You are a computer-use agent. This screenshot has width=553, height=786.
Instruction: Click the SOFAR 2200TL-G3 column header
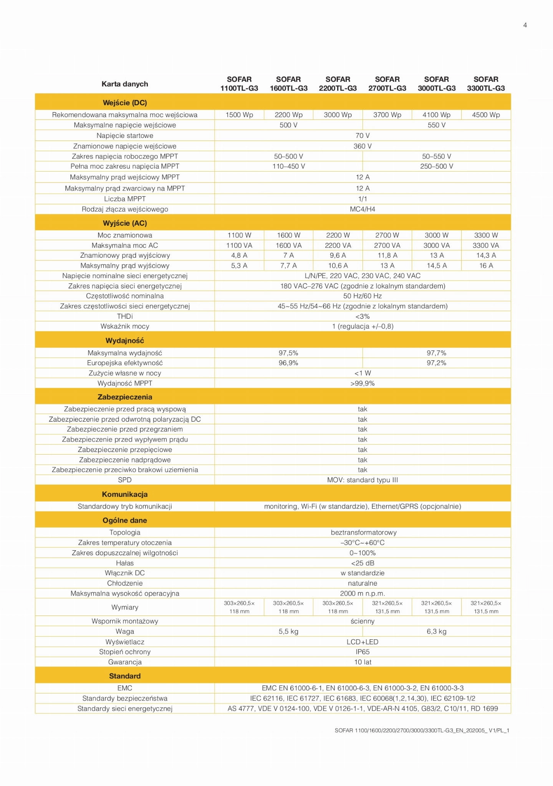[338, 84]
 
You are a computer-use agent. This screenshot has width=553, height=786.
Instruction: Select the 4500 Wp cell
[486, 115]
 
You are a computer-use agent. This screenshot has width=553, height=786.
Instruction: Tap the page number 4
[525, 25]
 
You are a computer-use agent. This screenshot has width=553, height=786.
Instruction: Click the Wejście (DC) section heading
[125, 103]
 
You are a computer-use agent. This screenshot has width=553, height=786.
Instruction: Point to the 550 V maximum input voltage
[437, 125]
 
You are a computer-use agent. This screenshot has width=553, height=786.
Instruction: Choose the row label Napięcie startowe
[125, 136]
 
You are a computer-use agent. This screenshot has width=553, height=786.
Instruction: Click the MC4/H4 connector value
[363, 209]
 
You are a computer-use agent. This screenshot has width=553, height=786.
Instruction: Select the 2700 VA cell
[387, 245]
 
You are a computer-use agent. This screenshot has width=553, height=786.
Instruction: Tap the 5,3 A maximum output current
[239, 266]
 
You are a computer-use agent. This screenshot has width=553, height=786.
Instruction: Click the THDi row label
[125, 316]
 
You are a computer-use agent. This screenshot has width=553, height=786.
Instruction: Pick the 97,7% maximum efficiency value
[437, 353]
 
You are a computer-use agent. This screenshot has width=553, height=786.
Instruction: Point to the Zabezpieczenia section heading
[125, 397]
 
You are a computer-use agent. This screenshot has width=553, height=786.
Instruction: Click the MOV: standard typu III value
[363, 480]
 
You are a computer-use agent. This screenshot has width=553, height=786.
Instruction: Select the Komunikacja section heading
[125, 494]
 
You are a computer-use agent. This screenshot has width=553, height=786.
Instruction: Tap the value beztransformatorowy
[363, 533]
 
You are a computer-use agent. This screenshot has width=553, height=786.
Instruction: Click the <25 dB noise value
[363, 563]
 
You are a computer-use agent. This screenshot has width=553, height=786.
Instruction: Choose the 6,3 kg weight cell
[437, 632]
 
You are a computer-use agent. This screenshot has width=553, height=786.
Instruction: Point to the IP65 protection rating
[363, 652]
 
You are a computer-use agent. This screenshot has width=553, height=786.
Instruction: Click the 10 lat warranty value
[363, 662]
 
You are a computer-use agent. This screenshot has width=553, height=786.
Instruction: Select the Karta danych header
[125, 84]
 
